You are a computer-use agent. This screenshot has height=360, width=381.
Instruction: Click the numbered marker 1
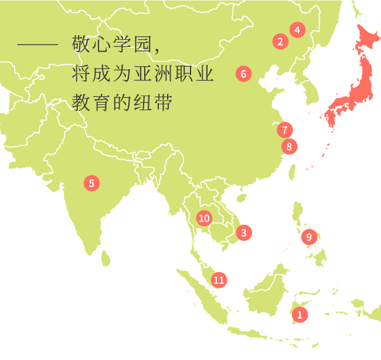click(300, 314)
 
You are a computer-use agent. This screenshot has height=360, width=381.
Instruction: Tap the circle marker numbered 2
click(280, 41)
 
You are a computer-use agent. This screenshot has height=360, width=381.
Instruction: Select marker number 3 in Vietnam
click(244, 232)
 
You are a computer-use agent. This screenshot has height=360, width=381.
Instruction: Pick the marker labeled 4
click(297, 30)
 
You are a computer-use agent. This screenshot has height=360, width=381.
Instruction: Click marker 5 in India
click(91, 183)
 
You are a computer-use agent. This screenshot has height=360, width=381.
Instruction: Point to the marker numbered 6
click(243, 74)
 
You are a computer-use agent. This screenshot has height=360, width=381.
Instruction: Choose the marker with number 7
click(284, 130)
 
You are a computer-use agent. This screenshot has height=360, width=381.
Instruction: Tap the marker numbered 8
click(289, 147)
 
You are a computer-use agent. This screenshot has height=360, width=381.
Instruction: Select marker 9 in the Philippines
click(309, 237)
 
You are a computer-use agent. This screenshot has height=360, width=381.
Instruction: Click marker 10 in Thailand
click(203, 219)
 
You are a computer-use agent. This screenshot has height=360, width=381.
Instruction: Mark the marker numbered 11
click(219, 280)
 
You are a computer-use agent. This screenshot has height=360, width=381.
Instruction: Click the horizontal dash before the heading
click(38, 45)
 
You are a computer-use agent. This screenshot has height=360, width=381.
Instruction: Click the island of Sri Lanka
click(106, 257)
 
